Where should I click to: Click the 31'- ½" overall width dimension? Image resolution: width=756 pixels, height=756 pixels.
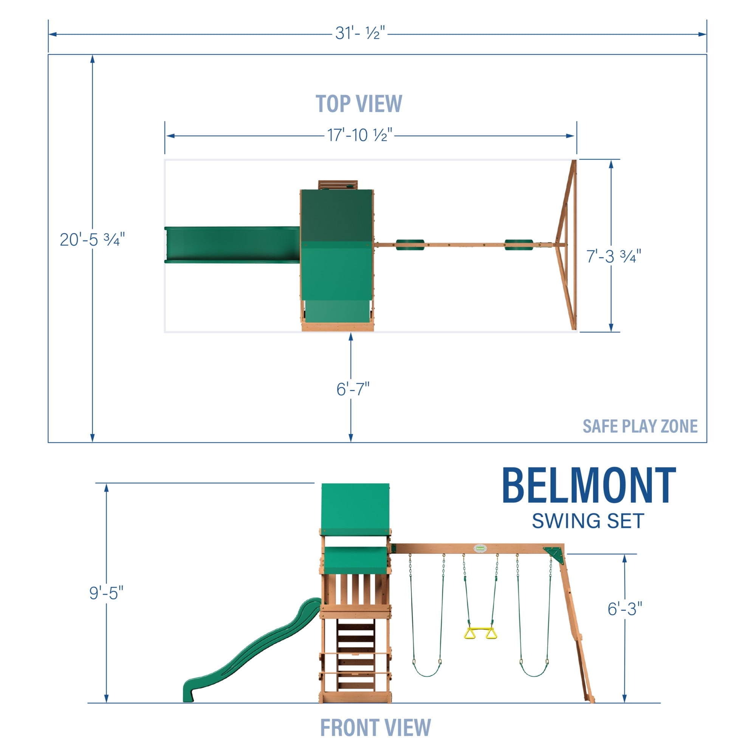coord(360,34)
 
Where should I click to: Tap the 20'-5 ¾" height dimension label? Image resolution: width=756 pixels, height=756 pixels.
coord(92,240)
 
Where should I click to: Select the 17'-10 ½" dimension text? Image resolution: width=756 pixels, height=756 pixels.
coord(359,135)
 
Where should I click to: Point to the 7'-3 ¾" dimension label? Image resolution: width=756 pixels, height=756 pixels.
coord(613,256)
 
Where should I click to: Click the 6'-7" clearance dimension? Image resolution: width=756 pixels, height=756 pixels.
coord(353,389)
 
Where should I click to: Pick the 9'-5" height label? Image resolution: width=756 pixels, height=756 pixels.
coord(106,593)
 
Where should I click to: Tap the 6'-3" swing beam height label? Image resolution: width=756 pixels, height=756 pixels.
coord(624,609)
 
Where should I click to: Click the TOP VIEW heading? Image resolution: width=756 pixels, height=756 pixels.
coord(358,104)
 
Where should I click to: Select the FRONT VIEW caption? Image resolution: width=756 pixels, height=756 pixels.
coord(375,727)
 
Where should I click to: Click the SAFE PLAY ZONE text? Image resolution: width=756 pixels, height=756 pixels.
coord(640,426)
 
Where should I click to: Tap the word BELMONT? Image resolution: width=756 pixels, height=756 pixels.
coord(589,486)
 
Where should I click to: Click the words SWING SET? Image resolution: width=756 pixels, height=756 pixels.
coord(588,521)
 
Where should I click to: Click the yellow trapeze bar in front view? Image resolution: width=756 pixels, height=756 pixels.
coord(480,634)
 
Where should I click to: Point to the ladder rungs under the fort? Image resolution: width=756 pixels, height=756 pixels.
coord(356,654)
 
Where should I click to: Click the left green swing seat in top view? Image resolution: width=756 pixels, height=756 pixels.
coord(410,245)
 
